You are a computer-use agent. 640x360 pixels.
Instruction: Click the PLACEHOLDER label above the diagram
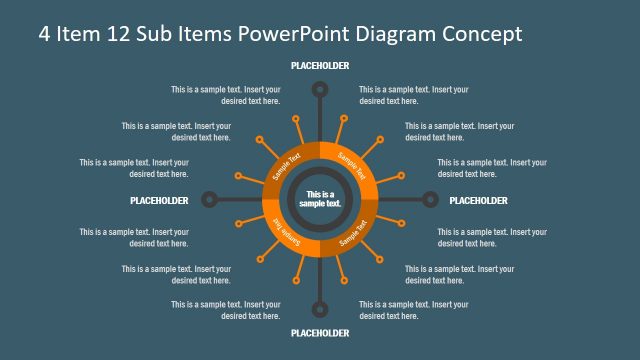click(x=320, y=65)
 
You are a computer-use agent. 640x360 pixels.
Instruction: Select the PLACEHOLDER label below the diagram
click(x=320, y=333)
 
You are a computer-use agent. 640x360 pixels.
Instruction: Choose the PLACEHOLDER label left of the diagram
click(x=159, y=200)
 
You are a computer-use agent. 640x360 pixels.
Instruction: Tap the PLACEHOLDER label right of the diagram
click(x=479, y=200)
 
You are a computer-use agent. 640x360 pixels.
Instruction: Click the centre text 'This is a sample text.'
click(x=320, y=199)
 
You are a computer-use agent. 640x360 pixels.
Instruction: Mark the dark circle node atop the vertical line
click(x=320, y=90)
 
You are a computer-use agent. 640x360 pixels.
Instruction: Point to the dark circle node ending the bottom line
click(x=320, y=309)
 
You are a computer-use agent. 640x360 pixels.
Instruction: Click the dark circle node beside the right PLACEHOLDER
click(x=430, y=199)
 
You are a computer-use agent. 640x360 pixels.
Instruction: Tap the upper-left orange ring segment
click(x=286, y=166)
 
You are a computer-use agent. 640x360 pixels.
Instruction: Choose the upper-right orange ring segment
click(x=354, y=165)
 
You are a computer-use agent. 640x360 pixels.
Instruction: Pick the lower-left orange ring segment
click(x=285, y=233)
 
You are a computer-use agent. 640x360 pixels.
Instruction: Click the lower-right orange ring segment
click(x=354, y=234)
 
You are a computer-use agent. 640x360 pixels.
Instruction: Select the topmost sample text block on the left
click(x=225, y=95)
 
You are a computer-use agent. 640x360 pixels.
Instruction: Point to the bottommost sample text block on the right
click(x=414, y=309)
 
